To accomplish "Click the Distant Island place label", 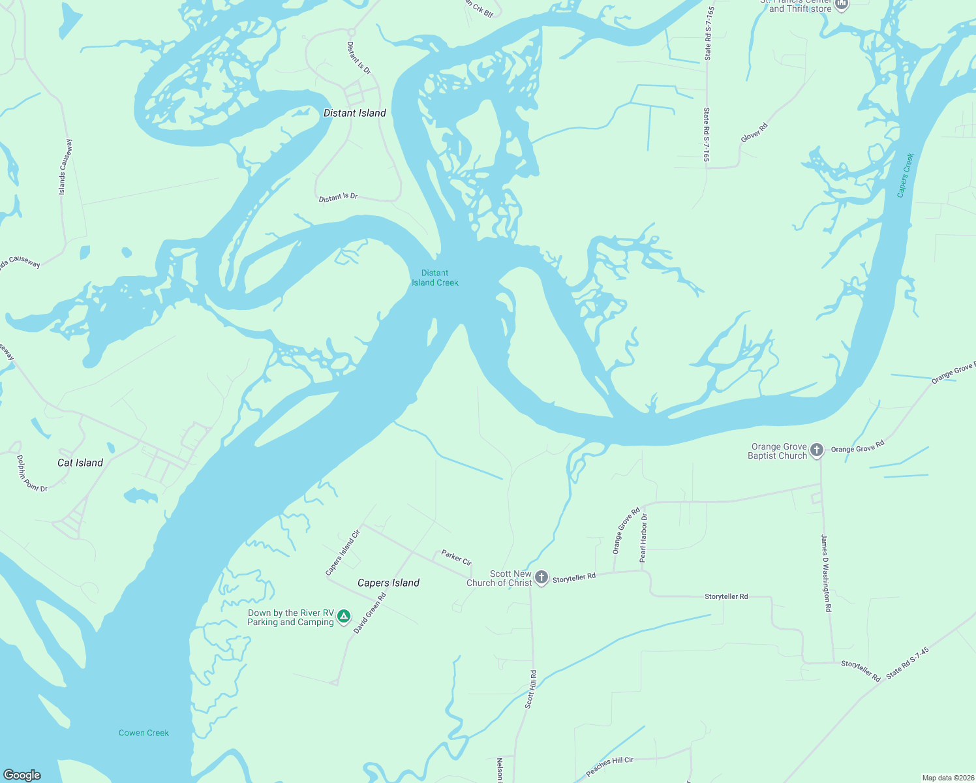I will [354, 113].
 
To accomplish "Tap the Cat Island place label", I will [80, 463].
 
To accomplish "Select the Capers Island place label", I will [388, 583].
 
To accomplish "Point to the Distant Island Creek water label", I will [435, 278].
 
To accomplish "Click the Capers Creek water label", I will [906, 175].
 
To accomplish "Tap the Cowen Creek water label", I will [144, 733].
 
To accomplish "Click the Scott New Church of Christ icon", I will [541, 577].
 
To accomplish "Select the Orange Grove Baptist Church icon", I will [817, 450].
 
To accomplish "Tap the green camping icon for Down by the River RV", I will [344, 617].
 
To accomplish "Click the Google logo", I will [22, 775].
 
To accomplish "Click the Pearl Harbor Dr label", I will [643, 538].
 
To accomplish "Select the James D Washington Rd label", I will [826, 573].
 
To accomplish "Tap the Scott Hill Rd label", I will [531, 689].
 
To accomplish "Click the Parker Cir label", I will [456, 557].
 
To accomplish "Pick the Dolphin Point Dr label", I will [32, 474].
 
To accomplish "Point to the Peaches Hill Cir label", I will [609, 766].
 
